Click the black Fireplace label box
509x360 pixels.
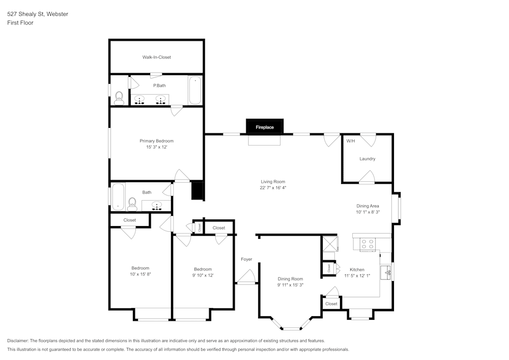coord(265,127)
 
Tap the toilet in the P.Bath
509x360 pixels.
coord(119,98)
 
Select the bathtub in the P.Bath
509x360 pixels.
coord(195,90)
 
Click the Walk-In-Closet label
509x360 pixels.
coord(157,57)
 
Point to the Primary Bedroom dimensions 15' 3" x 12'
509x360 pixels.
coord(157,147)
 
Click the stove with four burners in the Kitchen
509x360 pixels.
coord(367,244)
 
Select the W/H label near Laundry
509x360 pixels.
coord(350,141)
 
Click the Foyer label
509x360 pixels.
coord(246,259)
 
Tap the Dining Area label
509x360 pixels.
coord(367,206)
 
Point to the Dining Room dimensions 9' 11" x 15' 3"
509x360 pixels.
coord(290,285)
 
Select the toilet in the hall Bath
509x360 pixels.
coord(132,204)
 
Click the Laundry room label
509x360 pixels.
coord(367,159)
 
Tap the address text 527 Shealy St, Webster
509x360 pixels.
coord(38,14)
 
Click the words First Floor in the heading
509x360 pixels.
coord(20,23)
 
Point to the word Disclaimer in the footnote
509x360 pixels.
coord(18,341)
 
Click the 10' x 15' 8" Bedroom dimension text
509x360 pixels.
coord(140,274)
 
